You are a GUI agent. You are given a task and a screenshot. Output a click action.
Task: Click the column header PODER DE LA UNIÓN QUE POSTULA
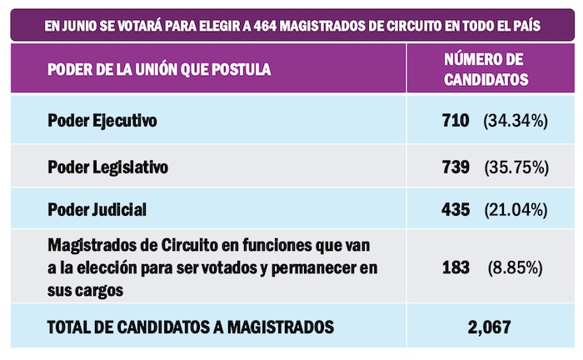coord(159,69)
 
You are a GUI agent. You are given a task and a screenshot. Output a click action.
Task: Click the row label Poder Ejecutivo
coord(102,121)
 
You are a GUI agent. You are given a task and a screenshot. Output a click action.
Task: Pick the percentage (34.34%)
coord(515,122)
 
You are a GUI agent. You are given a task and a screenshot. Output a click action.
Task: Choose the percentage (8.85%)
coord(516,268)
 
